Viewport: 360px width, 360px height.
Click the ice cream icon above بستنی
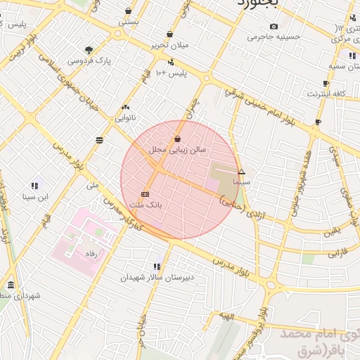click(x=128, y=11)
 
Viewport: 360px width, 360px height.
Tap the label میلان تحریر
click(x=171, y=45)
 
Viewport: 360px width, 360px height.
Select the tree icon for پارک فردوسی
click(x=89, y=50)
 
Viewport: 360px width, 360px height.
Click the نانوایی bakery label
click(x=125, y=117)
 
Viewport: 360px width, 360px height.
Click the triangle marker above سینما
click(x=242, y=172)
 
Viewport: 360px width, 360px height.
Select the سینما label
click(x=242, y=181)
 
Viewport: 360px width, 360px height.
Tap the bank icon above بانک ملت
click(x=146, y=194)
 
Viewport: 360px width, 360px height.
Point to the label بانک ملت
click(x=146, y=205)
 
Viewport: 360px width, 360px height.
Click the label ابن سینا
click(x=34, y=197)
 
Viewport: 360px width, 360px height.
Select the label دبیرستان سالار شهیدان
click(x=157, y=278)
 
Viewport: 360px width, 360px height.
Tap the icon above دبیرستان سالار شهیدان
click(x=156, y=266)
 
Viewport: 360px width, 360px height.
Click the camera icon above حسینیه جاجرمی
click(x=274, y=26)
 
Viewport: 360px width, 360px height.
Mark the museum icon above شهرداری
click(x=11, y=285)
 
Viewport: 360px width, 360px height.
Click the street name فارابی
click(x=339, y=250)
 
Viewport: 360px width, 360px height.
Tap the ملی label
click(x=93, y=186)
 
